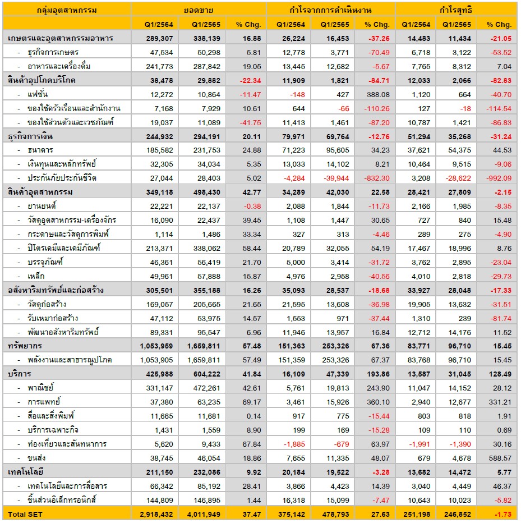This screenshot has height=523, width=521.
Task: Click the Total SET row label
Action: (x=24, y=514)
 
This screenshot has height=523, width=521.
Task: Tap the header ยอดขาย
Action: (x=199, y=10)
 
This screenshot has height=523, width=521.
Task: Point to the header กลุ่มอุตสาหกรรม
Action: (x=67, y=10)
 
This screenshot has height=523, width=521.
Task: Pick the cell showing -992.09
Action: (x=499, y=178)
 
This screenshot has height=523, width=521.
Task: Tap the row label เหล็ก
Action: (x=37, y=276)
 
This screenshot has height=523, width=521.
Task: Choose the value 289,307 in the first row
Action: (x=153, y=38)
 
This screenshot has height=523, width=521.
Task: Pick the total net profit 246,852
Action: (x=457, y=514)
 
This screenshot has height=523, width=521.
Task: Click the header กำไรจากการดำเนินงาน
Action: (x=330, y=10)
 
